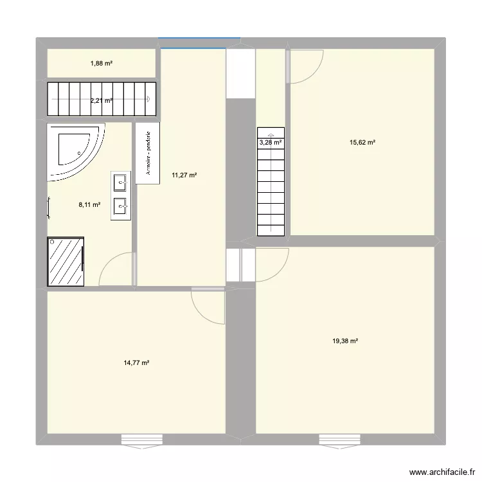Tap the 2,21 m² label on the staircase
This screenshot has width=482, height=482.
pyautogui.click(x=102, y=100)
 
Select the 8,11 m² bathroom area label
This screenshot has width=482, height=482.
pyautogui.click(x=89, y=205)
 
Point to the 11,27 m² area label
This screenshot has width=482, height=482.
pyautogui.click(x=184, y=174)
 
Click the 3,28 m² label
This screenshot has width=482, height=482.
pyautogui.click(x=271, y=143)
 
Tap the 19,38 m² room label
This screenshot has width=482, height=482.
pyautogui.click(x=345, y=341)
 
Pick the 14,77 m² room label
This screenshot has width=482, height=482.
pyautogui.click(x=137, y=363)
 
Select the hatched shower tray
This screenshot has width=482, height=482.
pyautogui.click(x=65, y=262)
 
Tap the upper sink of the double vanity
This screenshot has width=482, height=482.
pyautogui.click(x=120, y=183)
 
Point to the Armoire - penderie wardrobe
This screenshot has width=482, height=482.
pyautogui.click(x=148, y=154)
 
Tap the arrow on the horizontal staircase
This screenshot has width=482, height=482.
pyautogui.click(x=148, y=99)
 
